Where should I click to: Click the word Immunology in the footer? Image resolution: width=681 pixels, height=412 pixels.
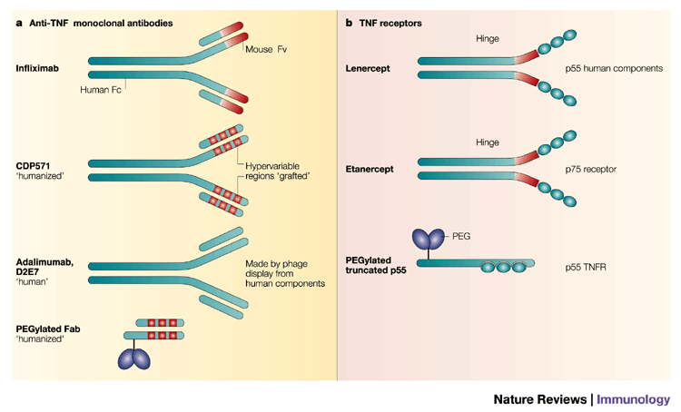(633, 398)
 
